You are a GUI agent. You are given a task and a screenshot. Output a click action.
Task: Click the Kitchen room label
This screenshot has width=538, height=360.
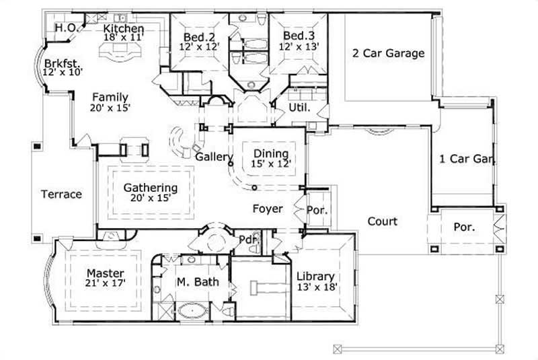123,29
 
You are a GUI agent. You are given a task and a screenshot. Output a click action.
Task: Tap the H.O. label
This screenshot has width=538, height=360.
65,28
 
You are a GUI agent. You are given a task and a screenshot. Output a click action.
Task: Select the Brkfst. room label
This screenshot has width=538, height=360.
56,61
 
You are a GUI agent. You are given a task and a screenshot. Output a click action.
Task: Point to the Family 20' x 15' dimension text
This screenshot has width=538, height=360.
110,107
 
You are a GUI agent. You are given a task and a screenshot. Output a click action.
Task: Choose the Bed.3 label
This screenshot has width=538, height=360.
296,36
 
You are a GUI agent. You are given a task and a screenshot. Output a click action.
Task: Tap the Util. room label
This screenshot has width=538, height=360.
299,107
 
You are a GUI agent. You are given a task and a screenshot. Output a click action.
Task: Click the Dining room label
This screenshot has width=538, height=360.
271,153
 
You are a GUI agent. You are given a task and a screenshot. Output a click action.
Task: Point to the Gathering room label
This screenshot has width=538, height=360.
150,188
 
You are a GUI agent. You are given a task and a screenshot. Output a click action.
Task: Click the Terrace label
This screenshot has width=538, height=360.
61,194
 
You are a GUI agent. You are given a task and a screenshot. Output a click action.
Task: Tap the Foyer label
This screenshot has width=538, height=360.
268,209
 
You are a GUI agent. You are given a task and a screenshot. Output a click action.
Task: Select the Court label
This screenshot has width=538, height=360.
382,221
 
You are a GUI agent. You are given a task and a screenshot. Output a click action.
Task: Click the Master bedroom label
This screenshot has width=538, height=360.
106,273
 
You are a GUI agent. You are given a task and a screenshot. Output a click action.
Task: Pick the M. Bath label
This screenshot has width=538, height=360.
197,282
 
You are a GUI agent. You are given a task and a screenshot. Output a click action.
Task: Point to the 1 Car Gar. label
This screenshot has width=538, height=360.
467,159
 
